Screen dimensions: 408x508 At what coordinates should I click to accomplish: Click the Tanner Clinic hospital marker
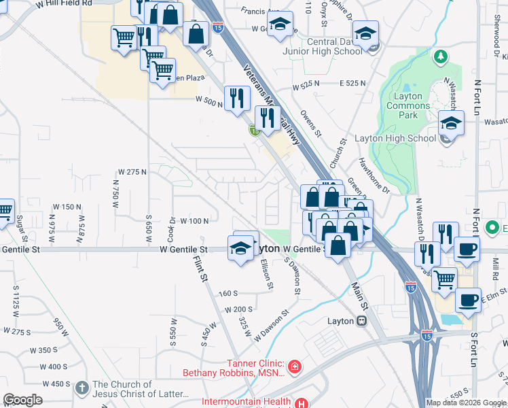[295, 369]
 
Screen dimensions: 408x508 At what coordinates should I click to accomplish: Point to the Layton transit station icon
[363, 321]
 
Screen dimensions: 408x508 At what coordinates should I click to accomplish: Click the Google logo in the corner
[22, 400]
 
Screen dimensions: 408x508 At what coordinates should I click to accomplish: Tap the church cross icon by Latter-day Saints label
[81, 388]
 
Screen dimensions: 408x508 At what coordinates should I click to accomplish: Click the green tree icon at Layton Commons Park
[441, 55]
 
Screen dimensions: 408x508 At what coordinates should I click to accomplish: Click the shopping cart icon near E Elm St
[444, 278]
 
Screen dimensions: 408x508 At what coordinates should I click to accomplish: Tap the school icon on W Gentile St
[240, 250]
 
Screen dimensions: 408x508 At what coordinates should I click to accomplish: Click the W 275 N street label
[132, 172]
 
